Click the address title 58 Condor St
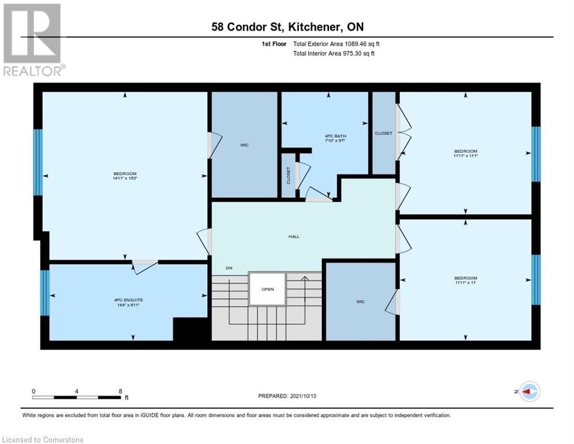[287, 27]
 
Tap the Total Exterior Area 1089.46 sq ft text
[336, 44]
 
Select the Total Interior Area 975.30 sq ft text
[334, 54]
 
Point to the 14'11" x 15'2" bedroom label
[125, 176]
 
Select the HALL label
[295, 236]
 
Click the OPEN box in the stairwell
[267, 289]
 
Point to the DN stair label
[229, 268]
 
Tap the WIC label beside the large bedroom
[244, 145]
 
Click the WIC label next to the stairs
[360, 301]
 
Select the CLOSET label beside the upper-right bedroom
[383, 133]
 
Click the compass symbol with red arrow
[529, 391]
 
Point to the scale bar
[76, 397]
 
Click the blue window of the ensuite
[44, 293]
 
